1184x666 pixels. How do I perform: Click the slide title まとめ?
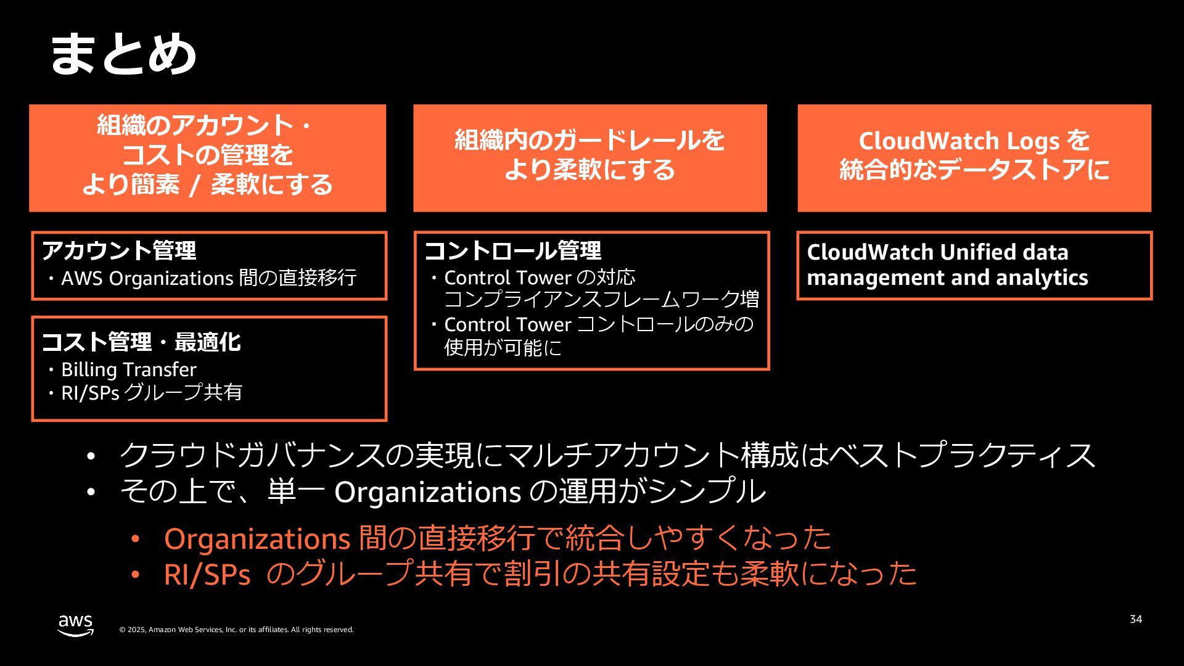(123, 54)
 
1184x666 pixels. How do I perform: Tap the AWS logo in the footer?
(76, 625)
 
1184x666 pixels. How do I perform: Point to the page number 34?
(1135, 619)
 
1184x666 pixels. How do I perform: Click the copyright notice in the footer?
(236, 630)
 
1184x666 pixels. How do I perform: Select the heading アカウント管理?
(119, 250)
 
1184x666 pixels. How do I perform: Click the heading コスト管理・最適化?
(141, 342)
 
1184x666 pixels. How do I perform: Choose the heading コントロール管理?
(513, 250)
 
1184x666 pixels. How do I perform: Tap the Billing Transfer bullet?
(128, 369)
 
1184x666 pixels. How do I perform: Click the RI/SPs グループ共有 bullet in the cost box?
(151, 392)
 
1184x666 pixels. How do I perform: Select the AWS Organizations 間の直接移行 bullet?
(208, 278)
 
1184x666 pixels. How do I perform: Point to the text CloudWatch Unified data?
(937, 252)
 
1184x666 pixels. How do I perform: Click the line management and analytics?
(947, 277)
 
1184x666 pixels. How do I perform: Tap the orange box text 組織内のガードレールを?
(590, 141)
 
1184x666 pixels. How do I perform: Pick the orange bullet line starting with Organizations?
(497, 538)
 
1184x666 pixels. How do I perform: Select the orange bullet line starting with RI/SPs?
(540, 573)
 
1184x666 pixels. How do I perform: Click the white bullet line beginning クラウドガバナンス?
(607, 455)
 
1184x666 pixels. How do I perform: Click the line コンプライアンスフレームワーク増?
(601, 300)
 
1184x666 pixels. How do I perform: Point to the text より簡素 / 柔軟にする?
(207, 184)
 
